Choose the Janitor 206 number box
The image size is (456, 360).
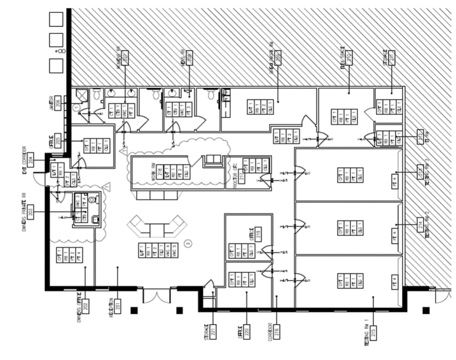pos(58,104)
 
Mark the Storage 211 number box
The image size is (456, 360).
pos(392,55)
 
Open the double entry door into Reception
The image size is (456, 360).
pos(157,295)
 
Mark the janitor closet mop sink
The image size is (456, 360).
pos(81,95)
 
